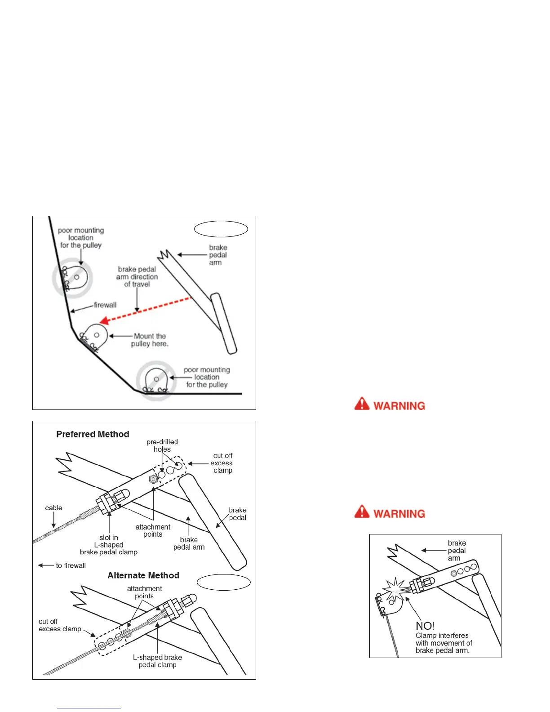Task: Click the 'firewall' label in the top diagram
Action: (x=105, y=305)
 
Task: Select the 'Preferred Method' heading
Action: (x=93, y=434)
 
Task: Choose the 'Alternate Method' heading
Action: (x=143, y=575)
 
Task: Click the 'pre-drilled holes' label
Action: (x=162, y=445)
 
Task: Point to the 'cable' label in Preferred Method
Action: (x=53, y=508)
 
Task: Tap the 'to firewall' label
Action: (x=71, y=565)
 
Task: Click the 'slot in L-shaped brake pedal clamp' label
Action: (x=109, y=545)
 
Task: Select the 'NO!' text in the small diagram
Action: (x=425, y=626)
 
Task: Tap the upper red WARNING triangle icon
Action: (x=362, y=404)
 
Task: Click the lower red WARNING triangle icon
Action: (x=362, y=512)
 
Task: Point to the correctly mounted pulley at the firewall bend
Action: (x=95, y=336)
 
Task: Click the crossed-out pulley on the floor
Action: (x=156, y=380)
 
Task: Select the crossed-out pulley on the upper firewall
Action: (x=72, y=278)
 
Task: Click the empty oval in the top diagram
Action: (x=221, y=229)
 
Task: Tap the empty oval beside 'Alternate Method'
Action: (x=224, y=582)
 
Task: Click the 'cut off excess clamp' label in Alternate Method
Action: (x=60, y=625)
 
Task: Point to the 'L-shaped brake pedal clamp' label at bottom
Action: (x=157, y=661)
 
